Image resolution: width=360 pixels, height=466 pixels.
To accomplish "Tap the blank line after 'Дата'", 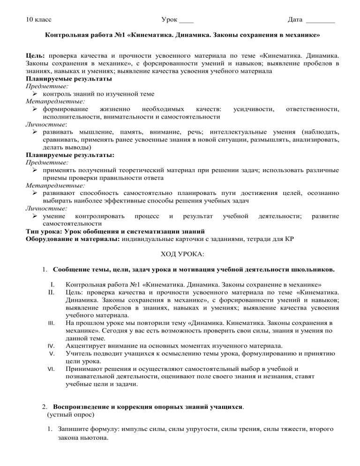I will (320, 22).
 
